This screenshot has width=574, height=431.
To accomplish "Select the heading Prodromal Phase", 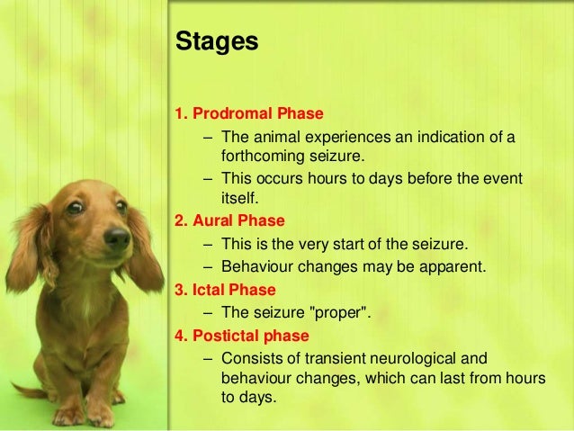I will [x=256, y=115].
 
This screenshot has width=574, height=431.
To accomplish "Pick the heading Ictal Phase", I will [x=232, y=290].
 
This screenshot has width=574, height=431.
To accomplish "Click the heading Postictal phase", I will [x=248, y=336].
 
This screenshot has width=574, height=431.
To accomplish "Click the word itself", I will [x=238, y=197].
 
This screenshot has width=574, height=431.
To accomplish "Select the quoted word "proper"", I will [x=336, y=313].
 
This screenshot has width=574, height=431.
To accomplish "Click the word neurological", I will [x=432, y=359].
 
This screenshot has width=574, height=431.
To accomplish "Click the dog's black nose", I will [x=117, y=238].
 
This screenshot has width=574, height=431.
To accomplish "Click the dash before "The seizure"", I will [x=209, y=313].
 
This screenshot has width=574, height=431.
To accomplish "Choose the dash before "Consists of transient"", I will [x=209, y=359].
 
